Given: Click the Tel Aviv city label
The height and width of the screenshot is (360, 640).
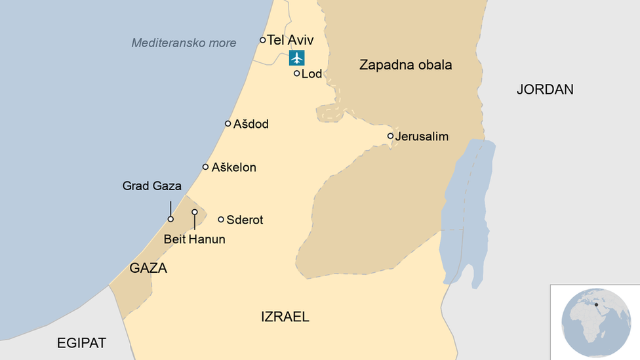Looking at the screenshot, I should tap(290, 40).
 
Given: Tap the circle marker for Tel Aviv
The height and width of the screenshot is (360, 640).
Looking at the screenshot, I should tap(263, 40).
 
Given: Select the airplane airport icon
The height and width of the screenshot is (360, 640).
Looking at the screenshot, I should tap(297, 58).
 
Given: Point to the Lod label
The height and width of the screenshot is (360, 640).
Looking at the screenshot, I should tap(311, 74).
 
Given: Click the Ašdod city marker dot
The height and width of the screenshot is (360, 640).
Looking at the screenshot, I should tap(228, 123).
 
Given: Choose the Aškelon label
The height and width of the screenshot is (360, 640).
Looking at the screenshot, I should tap(233, 167).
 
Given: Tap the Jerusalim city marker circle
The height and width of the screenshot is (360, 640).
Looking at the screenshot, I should tap(391, 136).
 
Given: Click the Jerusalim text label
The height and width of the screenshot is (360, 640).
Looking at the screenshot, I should tap(422, 136).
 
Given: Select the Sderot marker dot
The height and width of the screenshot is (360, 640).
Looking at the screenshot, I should tap(221, 220).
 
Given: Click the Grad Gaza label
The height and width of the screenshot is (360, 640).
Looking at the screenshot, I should tap(152, 186).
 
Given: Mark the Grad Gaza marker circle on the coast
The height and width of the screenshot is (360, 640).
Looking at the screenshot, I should tap(170, 219).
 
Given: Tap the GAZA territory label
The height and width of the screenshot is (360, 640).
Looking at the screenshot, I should tap(148, 268).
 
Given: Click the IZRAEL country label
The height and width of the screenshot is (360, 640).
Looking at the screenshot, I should tap(285, 317).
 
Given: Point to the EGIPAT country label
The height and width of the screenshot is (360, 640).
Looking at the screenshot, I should tap(81, 342).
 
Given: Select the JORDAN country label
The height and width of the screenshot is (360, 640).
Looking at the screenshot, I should tap(545, 89).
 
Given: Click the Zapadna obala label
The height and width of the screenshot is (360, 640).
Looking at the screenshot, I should tap(406, 65).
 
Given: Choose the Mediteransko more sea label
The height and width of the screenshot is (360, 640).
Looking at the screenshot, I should tap(184, 43).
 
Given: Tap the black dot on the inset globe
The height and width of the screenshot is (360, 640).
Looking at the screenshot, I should tap(596, 304).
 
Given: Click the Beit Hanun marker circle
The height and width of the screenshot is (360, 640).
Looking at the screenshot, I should tap(195, 212).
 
